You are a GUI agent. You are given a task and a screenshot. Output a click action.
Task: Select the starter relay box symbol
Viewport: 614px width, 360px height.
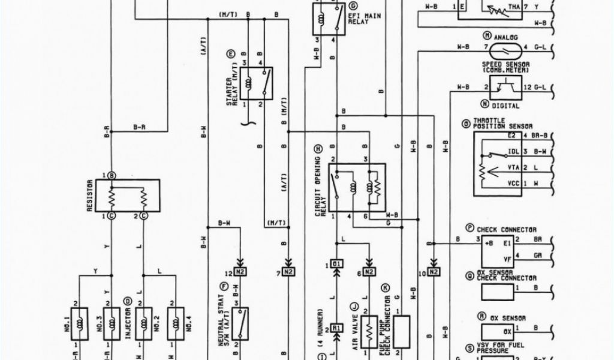(x=257, y=83)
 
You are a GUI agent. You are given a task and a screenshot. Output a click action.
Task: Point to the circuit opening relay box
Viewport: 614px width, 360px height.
(x=357, y=187)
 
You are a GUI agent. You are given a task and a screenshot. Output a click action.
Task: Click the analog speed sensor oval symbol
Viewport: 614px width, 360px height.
(x=504, y=47)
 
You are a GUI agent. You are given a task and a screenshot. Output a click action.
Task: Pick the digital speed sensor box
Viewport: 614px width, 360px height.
(x=505, y=88)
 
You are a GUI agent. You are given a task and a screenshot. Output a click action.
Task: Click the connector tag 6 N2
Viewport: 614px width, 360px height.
(x=368, y=272)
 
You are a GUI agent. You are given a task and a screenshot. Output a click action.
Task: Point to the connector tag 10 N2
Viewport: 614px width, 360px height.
(x=432, y=272)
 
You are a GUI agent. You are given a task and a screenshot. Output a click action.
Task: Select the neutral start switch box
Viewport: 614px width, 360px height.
(x=240, y=323)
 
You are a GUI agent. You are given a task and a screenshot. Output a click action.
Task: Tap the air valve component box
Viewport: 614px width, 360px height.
(x=369, y=331)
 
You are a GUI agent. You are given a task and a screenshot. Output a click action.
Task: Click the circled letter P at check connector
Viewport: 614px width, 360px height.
(x=470, y=229)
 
